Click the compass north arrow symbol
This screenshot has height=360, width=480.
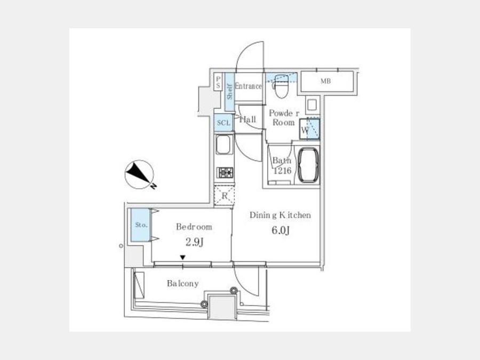(140, 174)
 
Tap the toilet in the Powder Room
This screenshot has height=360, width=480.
(281, 86)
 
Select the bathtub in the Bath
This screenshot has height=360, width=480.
(308, 165)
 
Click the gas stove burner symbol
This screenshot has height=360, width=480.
(225, 173)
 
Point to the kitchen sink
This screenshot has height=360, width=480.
(223, 145)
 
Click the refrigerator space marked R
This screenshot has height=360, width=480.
(225, 196)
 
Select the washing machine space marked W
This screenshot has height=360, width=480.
(309, 129)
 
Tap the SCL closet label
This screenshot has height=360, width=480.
(223, 123)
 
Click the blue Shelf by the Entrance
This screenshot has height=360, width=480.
(229, 92)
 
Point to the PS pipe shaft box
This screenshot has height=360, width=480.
(218, 82)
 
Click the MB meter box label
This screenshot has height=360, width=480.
(326, 81)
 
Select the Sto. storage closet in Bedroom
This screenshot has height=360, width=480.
(140, 225)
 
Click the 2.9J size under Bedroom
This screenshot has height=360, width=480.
(195, 243)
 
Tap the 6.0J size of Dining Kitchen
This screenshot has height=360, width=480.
(281, 230)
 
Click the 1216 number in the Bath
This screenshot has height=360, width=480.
(282, 171)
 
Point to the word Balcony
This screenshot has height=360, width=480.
(183, 284)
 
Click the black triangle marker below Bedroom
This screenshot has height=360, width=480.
(183, 258)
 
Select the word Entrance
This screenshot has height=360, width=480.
(248, 86)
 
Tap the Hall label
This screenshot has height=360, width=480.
(248, 119)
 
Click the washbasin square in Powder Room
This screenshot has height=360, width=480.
(312, 105)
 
